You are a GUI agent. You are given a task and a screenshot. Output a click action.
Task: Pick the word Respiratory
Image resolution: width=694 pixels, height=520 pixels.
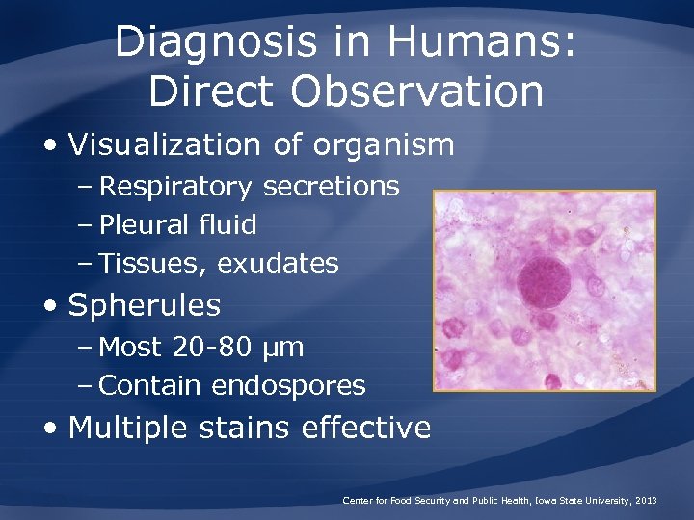(x=176, y=186)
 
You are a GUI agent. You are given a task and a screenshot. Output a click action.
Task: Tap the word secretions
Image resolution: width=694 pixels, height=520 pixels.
(x=331, y=186)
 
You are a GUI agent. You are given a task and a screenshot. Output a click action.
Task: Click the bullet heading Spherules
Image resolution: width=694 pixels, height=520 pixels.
(x=145, y=306)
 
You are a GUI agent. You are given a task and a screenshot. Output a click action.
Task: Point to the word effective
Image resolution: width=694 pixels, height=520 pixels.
(x=372, y=427)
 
